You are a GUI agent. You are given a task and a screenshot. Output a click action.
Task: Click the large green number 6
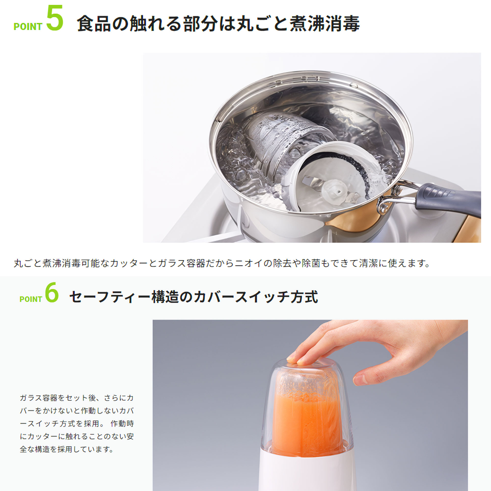tap(52, 293)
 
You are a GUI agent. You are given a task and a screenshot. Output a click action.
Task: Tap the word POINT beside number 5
tap(27, 27)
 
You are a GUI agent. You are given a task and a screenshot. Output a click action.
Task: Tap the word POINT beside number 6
tap(30, 299)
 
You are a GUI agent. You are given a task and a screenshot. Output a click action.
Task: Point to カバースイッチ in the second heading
tap(235, 297)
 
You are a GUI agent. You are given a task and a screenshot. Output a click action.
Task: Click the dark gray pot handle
tap(449, 199)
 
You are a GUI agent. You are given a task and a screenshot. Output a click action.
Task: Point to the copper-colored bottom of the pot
tap(354, 226)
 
